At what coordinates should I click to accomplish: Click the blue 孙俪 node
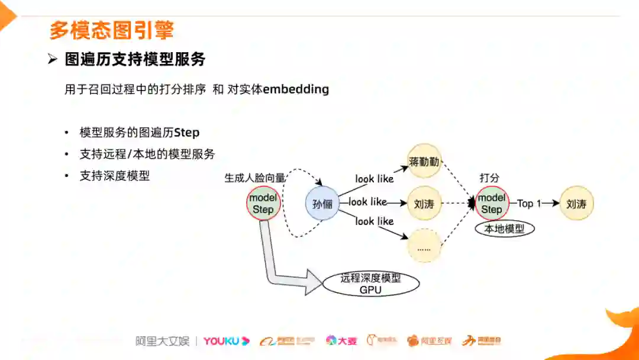[x=322, y=204]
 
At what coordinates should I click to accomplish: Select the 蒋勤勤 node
[x=425, y=161]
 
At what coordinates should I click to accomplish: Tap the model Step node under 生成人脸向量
[x=263, y=204]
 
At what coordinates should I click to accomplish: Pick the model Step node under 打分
[x=492, y=203]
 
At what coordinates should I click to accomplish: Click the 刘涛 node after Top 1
[x=576, y=204]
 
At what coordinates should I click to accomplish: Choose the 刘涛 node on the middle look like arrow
[x=424, y=204]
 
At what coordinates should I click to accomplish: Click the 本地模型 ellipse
[x=505, y=229]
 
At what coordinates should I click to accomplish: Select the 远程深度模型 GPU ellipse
[x=371, y=284]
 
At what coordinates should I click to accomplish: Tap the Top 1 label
[x=529, y=204]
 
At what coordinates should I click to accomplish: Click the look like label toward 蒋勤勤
[x=374, y=178]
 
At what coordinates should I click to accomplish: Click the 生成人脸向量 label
[x=255, y=177]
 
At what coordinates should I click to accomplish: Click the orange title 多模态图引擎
[x=111, y=30]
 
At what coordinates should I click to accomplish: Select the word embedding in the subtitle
[x=295, y=89]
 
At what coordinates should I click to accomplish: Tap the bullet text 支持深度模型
[x=115, y=176]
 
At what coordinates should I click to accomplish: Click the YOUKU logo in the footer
[x=227, y=341]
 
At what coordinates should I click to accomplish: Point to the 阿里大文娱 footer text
[x=162, y=341]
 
